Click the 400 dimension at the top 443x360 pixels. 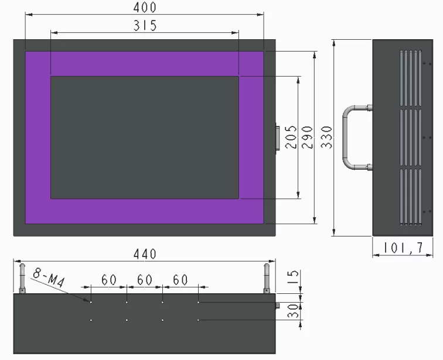tap(145, 8)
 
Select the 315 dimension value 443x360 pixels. tap(145, 25)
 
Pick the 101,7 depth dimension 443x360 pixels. tap(404, 248)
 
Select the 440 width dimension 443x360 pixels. tap(145, 254)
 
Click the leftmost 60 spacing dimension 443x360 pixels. tap(109, 280)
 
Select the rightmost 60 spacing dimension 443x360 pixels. tap(180, 280)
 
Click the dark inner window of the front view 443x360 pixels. tap(145, 137)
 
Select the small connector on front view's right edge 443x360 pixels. tap(277, 138)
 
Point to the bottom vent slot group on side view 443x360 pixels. tap(410, 197)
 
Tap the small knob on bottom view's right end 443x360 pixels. tap(277, 306)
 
